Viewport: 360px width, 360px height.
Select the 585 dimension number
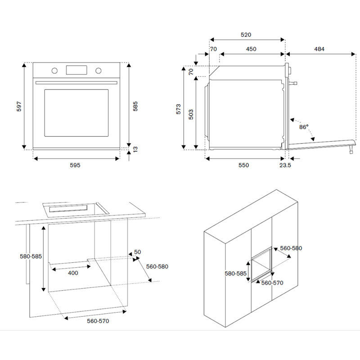coord(135,106)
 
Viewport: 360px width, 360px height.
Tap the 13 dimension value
coord(135,148)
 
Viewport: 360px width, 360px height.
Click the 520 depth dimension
coord(246,35)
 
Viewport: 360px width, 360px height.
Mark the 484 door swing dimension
coord(319,49)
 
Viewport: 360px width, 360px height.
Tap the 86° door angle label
coord(304,127)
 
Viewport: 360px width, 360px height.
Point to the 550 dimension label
coord(243,165)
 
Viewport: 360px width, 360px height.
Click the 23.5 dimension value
coord(285,165)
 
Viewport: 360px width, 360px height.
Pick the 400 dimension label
coord(73,273)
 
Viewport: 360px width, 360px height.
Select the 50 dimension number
coord(138,252)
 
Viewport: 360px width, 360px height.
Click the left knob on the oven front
coord(54,71)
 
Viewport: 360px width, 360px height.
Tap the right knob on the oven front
coord(98,71)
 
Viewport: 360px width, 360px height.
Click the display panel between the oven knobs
coord(76,70)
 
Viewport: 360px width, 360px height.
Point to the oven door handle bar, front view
coord(76,82)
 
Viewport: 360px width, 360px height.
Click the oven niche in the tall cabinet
coord(261,266)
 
